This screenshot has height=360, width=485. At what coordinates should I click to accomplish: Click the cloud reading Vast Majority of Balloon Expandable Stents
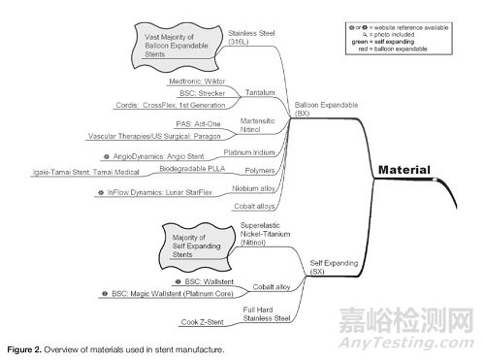tap(171, 45)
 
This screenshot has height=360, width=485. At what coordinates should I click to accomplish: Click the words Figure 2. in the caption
tap(24, 347)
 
